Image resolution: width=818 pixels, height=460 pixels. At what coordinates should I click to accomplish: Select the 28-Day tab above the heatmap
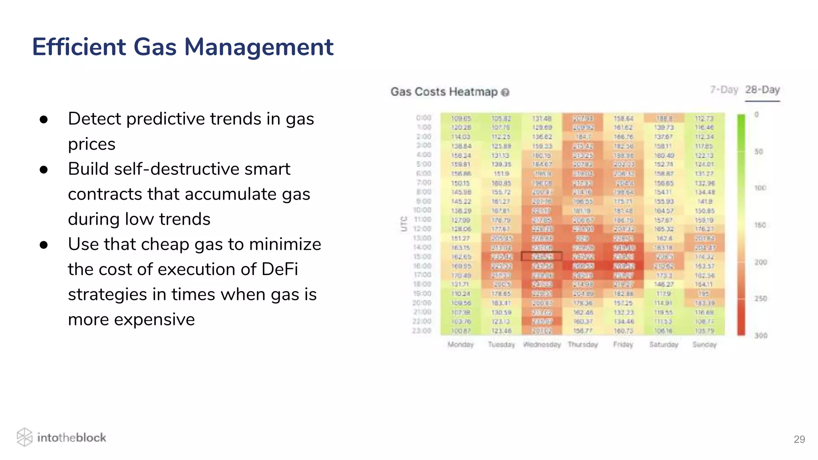coord(762,90)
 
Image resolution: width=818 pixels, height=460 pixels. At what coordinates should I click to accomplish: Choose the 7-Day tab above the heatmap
coord(723,90)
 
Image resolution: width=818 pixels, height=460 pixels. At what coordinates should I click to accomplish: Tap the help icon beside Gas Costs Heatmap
coord(505,93)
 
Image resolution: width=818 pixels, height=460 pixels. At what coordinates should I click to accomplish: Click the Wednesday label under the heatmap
coord(542,345)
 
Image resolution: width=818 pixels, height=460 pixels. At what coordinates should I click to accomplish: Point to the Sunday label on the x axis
coord(704,345)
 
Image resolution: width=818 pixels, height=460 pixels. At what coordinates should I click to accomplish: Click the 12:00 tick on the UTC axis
coord(422,229)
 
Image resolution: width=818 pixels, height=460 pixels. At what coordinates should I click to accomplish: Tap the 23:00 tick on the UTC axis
coord(422,331)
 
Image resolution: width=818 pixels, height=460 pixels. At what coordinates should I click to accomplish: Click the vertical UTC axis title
coord(404,224)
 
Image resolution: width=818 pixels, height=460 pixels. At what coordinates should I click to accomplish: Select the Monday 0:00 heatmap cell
coord(461,118)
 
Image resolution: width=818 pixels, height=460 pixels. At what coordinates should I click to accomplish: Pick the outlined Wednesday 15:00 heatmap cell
coord(542,256)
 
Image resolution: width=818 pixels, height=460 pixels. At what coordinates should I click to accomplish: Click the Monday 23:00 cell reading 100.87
coord(461,331)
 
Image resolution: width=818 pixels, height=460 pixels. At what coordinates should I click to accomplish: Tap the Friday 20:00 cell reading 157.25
coord(623,303)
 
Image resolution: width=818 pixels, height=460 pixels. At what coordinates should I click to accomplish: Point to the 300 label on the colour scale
coord(760,335)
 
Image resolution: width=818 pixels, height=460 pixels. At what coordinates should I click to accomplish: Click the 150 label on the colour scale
coord(760,225)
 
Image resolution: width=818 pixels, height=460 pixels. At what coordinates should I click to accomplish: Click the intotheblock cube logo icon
coord(24,437)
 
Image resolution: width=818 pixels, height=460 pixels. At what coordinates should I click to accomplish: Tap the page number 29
coord(799,439)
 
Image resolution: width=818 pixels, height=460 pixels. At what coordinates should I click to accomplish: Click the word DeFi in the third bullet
coord(280,269)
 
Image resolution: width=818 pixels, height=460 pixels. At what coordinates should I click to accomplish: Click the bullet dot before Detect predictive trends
coord(44,119)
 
